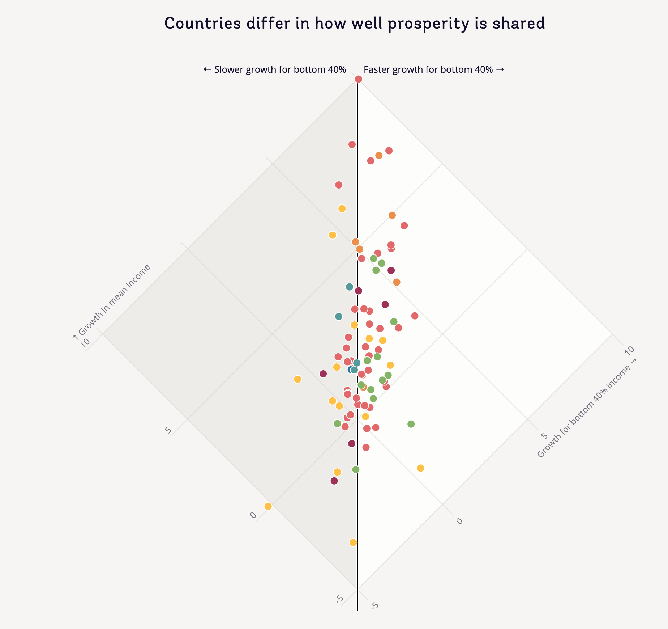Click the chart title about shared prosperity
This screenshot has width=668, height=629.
[354, 24]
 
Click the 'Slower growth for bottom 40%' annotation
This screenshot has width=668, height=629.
[275, 69]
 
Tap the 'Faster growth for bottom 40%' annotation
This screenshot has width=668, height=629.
[433, 69]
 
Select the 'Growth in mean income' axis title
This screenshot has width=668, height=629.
[111, 301]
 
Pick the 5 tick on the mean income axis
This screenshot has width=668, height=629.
[168, 430]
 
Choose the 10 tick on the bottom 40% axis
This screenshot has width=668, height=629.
[630, 350]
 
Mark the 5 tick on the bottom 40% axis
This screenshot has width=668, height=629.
[544, 435]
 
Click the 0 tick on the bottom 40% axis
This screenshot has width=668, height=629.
[459, 521]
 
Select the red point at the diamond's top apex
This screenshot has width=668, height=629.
[358, 79]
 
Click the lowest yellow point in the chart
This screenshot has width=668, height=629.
[353, 542]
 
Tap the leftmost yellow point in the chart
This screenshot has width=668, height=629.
[268, 506]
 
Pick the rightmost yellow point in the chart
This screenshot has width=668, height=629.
[420, 468]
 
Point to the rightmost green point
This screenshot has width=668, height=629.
[411, 424]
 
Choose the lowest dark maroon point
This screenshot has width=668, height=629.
[334, 481]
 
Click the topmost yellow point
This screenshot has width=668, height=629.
[342, 208]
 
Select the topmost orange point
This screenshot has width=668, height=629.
[378, 155]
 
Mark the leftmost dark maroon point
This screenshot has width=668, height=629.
[323, 374]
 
